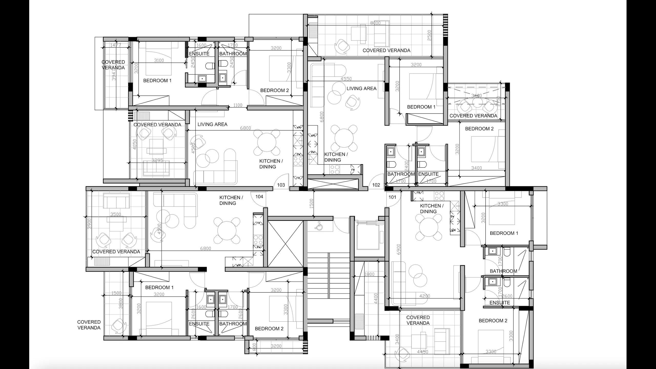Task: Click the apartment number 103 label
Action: [281, 185]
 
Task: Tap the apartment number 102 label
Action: [376, 185]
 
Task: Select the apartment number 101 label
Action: [392, 197]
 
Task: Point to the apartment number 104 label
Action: [259, 197]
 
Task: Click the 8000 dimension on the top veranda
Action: [375, 23]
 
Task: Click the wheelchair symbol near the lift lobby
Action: [319, 226]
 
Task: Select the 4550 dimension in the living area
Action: [346, 79]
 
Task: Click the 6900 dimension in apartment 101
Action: [399, 249]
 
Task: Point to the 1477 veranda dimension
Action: [115, 45]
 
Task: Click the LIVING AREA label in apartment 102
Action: [361, 89]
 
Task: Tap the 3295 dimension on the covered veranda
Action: [157, 161]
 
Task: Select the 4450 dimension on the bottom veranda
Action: [422, 352]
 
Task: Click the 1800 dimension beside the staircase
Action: [369, 274]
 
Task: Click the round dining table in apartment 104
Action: [227, 230]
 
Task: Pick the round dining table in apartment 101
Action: [428, 227]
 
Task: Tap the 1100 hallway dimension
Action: [238, 105]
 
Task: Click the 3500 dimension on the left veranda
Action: [116, 214]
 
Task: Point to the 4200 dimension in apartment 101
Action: [424, 296]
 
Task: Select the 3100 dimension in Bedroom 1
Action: [159, 60]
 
